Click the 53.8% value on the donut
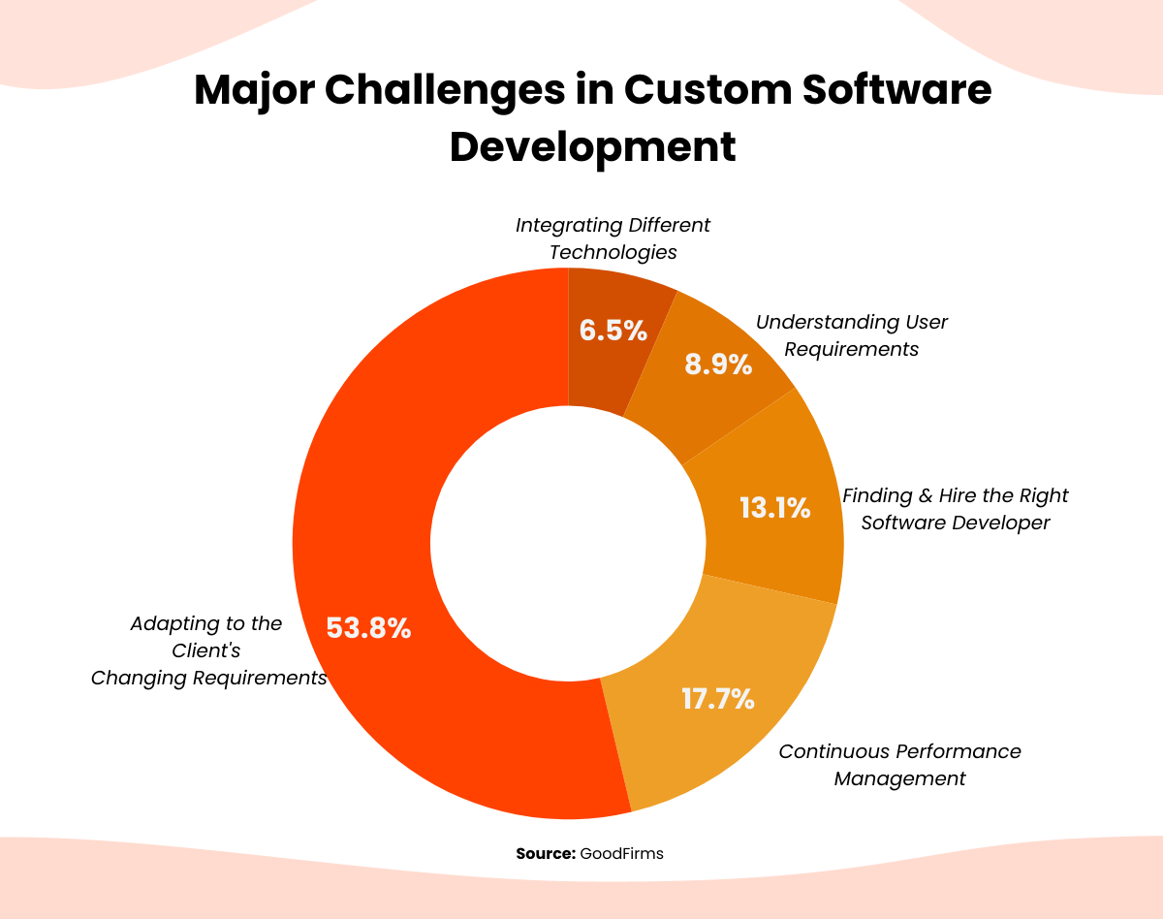(368, 628)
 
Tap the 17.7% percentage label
(717, 698)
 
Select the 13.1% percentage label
(774, 507)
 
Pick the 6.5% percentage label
(613, 331)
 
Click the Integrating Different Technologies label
(613, 238)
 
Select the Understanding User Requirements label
(851, 335)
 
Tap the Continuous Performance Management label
(899, 765)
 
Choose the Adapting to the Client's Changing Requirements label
(208, 650)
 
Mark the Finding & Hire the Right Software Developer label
(955, 509)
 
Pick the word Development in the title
(593, 146)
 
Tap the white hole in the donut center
(568, 543)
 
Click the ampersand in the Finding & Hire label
(926, 495)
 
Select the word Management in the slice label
(899, 778)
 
